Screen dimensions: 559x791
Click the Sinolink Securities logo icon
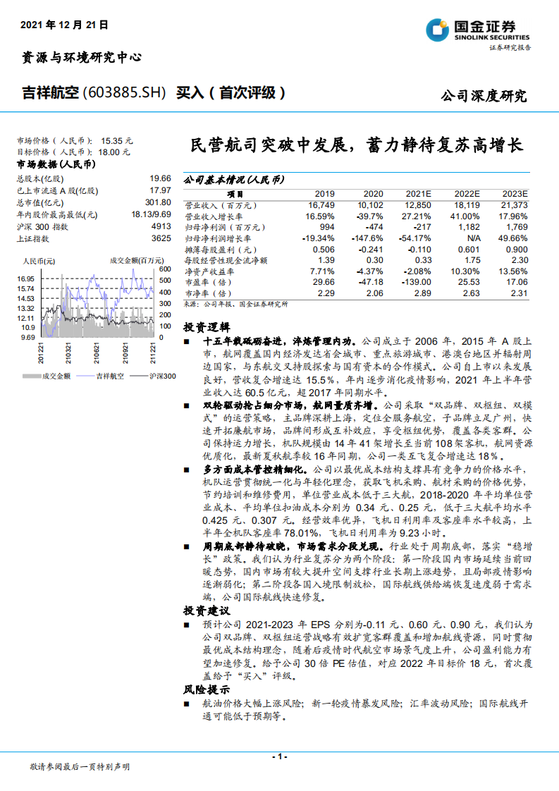[x=437, y=30]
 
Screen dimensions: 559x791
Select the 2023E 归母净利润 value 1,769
[x=516, y=227]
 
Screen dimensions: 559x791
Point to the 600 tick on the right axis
[x=165, y=269]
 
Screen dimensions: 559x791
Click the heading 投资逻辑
[x=207, y=327]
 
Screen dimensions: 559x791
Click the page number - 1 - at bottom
[x=279, y=756]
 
